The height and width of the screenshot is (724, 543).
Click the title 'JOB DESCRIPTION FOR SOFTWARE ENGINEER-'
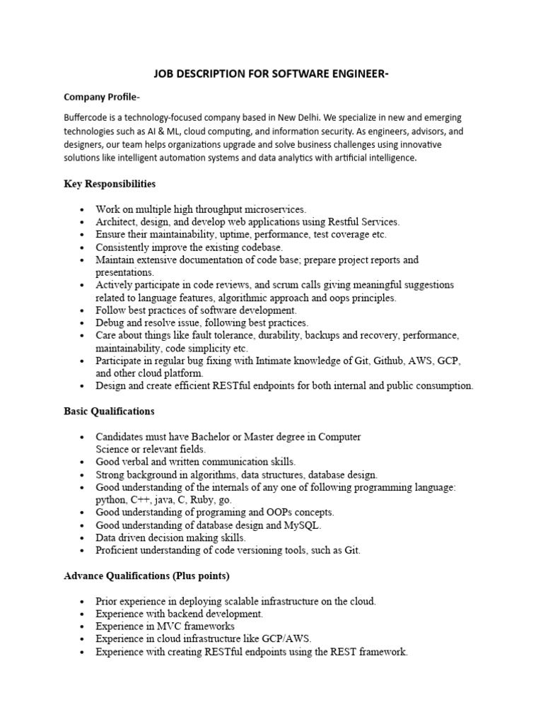[271, 74]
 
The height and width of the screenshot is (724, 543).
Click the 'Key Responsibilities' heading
[109, 184]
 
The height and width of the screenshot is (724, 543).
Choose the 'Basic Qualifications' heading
[109, 411]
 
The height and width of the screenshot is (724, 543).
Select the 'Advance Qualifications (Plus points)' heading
[146, 576]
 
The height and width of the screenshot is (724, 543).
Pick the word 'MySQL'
[303, 525]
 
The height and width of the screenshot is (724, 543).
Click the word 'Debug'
[110, 323]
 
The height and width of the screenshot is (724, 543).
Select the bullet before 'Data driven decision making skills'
[83, 538]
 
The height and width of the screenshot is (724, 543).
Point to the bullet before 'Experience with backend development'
[83, 614]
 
